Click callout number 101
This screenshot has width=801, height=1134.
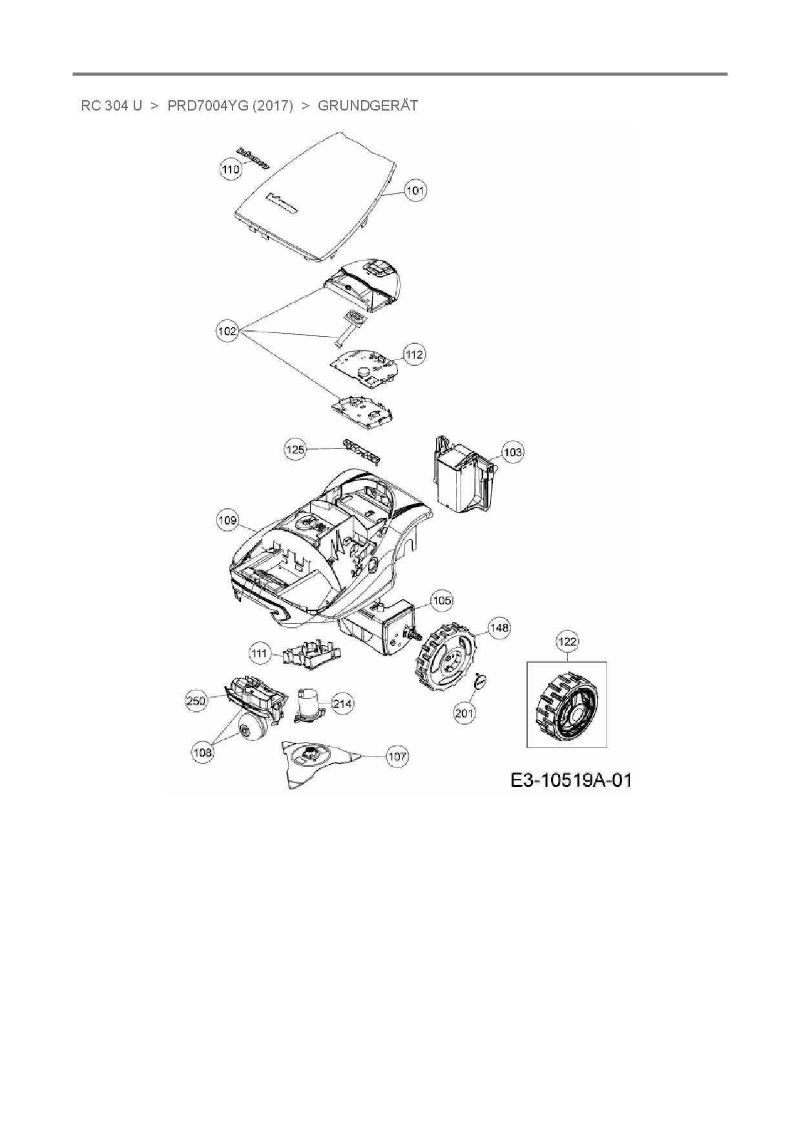(x=415, y=191)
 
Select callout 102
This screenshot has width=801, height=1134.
(x=227, y=331)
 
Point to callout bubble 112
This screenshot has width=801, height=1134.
(x=415, y=354)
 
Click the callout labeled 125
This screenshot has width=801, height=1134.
(x=295, y=449)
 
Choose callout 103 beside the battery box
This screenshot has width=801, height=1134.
(x=513, y=452)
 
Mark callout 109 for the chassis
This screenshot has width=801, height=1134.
(x=228, y=520)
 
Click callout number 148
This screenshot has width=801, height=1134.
(x=499, y=628)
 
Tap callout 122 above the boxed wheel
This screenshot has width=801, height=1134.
(x=567, y=641)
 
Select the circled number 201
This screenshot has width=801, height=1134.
(x=465, y=713)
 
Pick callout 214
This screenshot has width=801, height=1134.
(x=342, y=703)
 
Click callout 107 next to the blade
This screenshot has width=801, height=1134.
(x=398, y=756)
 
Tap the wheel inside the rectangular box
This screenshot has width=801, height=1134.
(x=565, y=706)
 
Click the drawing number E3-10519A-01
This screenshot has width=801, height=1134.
(x=570, y=780)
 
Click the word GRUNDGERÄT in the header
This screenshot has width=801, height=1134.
(x=368, y=105)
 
